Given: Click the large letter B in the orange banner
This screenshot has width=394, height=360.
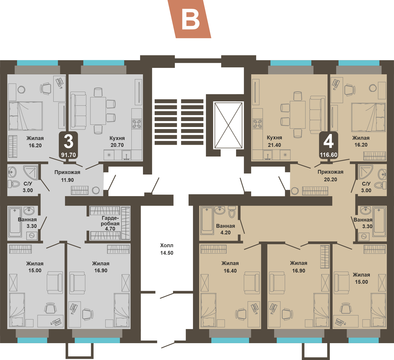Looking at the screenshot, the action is (190, 21).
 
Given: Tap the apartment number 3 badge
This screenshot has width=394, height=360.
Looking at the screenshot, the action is (69, 145).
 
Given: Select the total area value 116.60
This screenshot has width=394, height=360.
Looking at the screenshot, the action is (329, 155).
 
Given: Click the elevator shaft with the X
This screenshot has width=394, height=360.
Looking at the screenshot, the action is (228, 125).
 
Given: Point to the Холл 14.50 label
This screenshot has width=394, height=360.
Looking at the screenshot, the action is (167, 249).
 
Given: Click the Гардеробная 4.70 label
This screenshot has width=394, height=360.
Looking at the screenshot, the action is (110, 223).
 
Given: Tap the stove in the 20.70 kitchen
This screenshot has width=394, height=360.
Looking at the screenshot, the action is (137, 124).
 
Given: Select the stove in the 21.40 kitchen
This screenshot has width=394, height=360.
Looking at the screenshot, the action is (258, 124).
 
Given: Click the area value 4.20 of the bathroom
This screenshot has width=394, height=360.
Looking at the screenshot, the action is (225, 232).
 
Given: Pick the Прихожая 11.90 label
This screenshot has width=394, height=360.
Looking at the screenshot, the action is (67, 176).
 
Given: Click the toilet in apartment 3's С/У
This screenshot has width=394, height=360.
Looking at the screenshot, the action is (14, 184).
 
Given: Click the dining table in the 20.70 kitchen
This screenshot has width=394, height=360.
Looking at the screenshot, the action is (98, 111).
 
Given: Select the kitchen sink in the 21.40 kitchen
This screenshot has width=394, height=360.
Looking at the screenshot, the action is (268, 155).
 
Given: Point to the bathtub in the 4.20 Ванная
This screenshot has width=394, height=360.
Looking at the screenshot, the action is (207, 220).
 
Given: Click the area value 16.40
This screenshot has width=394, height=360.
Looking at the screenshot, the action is (230, 270).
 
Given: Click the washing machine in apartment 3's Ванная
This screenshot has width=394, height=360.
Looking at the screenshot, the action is (32, 235).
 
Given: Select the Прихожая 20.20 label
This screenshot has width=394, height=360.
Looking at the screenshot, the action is (331, 176).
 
